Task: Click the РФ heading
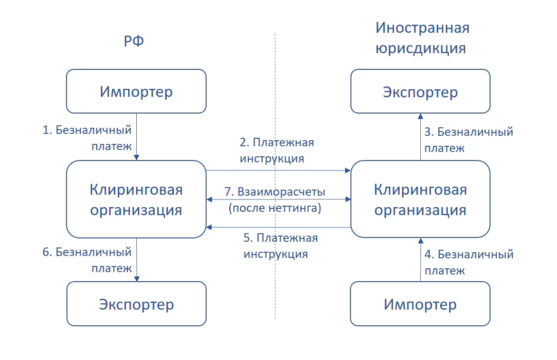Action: point(133,42)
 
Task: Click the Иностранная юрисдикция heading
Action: point(422,38)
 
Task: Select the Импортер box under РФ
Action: point(136,91)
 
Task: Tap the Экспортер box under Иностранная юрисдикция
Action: point(420,91)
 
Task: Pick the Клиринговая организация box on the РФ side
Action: point(136,199)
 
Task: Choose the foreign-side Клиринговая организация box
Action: point(420,199)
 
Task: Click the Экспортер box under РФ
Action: point(136,304)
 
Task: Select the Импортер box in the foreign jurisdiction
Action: point(420,304)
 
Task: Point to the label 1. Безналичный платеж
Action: point(87,138)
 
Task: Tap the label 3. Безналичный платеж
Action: point(469,139)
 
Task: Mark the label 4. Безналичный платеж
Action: point(469,262)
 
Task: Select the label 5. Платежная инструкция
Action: point(280,246)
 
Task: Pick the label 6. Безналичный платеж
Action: point(87,259)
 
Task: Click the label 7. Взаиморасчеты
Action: point(275,192)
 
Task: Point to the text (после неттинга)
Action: point(275,208)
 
